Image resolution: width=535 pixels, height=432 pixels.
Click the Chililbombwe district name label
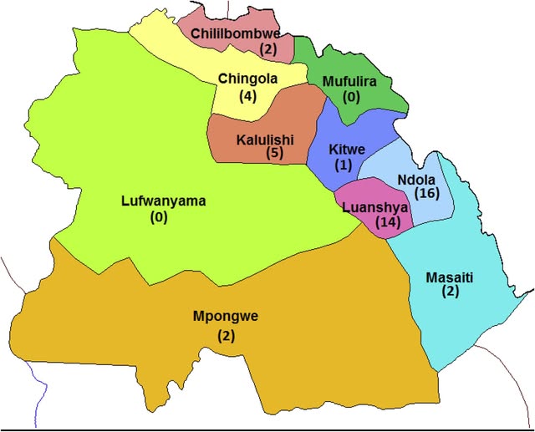235,33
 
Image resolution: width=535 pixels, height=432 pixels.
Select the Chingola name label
247,79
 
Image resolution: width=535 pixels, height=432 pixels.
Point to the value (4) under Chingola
247,95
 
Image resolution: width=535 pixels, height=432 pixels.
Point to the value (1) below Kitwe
342,165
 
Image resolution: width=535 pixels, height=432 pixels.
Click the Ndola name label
415,179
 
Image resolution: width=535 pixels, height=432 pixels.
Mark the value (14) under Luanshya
389,222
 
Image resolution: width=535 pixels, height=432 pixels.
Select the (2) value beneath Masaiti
451,292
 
